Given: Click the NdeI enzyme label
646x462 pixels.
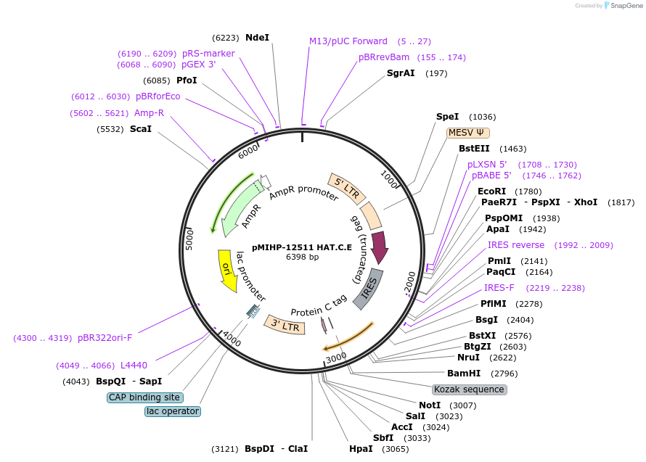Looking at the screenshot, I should coord(257,37).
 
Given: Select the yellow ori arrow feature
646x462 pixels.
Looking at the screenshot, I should coord(227,271).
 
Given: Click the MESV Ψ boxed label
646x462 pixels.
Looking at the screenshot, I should coord(468,133).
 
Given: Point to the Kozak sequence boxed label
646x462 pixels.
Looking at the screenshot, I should coord(469,389).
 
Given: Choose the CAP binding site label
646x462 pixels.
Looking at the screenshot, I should coord(144,397).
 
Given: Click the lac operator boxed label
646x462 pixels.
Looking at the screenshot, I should coord(172,411).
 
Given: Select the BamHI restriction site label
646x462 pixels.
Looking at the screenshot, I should coord(464,374).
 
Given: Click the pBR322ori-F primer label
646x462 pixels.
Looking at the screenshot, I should coord(105,337).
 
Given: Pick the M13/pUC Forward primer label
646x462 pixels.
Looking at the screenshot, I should coord(348,41).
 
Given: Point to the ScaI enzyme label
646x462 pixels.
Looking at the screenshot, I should coord(141,129).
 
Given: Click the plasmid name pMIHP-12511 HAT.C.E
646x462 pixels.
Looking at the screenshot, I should coord(302,247).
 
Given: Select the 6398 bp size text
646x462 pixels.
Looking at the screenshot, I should coord(302,257).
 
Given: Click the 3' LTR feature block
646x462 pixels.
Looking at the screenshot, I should coord(285,323).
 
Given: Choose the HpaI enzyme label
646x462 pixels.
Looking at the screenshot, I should coord(361,448).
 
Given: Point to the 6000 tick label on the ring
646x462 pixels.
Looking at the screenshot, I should coord(249,151).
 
